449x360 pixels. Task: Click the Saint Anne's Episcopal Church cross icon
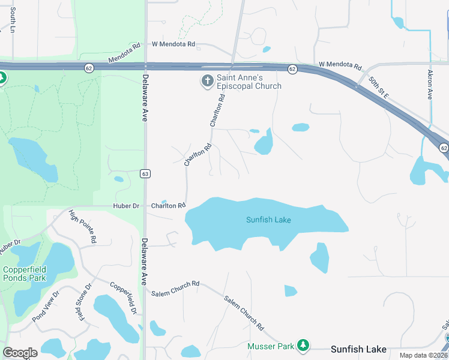click(x=207, y=80)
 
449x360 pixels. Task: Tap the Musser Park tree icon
click(x=304, y=345)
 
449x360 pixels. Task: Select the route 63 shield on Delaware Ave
click(x=145, y=173)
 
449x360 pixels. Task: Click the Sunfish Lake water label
click(x=268, y=220)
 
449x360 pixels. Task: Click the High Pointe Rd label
click(x=83, y=226)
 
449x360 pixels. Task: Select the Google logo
click(x=20, y=353)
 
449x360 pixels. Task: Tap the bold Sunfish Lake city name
click(x=360, y=349)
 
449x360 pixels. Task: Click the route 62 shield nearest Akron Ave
click(x=444, y=148)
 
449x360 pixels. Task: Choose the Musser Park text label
click(x=277, y=346)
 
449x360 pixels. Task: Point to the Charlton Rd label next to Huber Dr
click(x=168, y=206)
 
